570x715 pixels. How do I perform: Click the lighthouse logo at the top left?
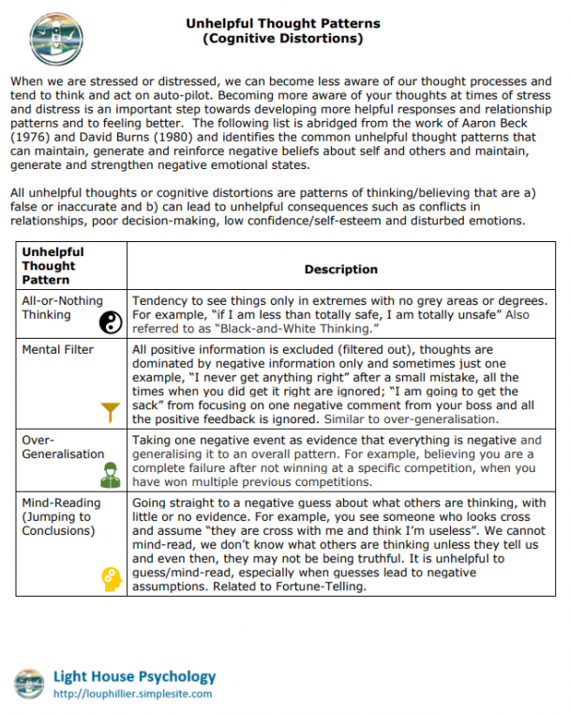click(x=55, y=37)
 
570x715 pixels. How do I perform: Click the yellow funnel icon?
click(x=111, y=409)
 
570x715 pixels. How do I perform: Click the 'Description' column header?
click(x=341, y=269)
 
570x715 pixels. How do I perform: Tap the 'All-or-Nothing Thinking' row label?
click(x=63, y=308)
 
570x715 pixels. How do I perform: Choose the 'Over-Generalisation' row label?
click(x=63, y=447)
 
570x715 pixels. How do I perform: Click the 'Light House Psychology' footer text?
click(x=134, y=676)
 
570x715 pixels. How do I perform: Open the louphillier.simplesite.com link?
click(x=132, y=694)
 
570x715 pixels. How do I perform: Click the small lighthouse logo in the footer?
click(x=30, y=682)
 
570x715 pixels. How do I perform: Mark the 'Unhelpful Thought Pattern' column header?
click(x=53, y=266)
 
